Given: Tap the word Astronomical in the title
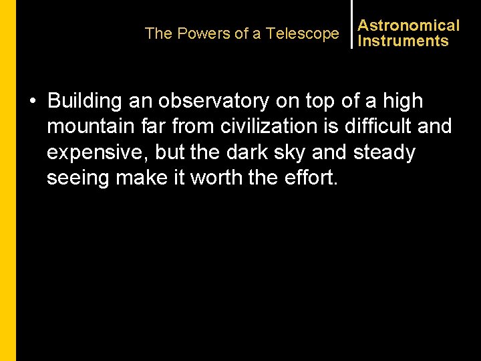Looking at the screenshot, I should coord(409,25).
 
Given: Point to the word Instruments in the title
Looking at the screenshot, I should coord(403,41).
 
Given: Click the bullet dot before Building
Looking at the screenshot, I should coord(32,102).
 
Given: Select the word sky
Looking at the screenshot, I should coord(294,152).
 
